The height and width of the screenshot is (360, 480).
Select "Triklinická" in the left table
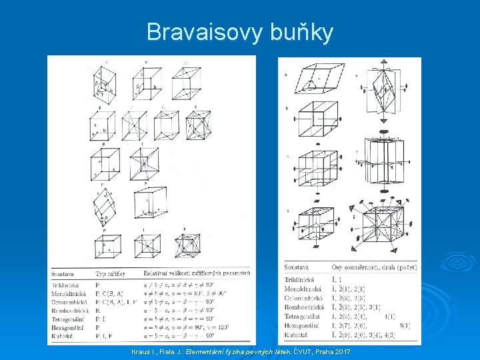point(66,285)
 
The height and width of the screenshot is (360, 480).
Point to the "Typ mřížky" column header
point(111,273)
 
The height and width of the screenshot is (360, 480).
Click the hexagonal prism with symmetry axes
point(385,160)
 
